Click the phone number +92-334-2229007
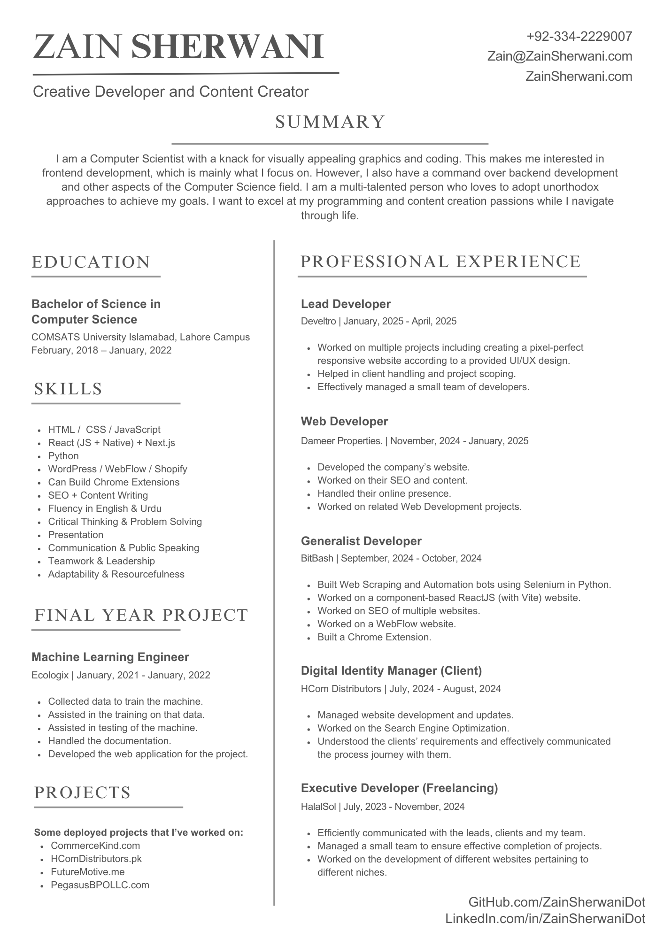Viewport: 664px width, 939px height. pyautogui.click(x=579, y=36)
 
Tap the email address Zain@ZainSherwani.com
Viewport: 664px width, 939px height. pyautogui.click(x=560, y=56)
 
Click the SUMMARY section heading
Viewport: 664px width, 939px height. pyautogui.click(x=330, y=122)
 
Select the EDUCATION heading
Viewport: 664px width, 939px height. pyautogui.click(x=91, y=262)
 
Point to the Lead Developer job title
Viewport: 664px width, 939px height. pyautogui.click(x=346, y=304)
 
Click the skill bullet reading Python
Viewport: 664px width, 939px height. pyautogui.click(x=63, y=456)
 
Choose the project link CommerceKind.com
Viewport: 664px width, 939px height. pyautogui.click(x=95, y=846)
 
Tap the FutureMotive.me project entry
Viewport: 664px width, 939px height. pyautogui.click(x=88, y=872)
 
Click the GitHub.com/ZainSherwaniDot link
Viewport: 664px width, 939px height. pyautogui.click(x=557, y=902)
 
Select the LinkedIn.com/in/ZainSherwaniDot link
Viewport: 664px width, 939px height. pyautogui.click(x=545, y=919)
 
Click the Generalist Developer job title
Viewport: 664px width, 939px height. pyautogui.click(x=361, y=541)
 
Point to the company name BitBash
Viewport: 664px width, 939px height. pyautogui.click(x=317, y=558)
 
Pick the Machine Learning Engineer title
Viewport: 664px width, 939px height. pyautogui.click(x=110, y=657)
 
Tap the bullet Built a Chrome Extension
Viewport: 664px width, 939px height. pyautogui.click(x=374, y=637)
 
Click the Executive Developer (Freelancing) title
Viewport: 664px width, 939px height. pyautogui.click(x=399, y=788)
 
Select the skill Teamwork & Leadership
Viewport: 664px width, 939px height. pyautogui.click(x=101, y=561)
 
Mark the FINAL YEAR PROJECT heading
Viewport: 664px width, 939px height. pyautogui.click(x=141, y=615)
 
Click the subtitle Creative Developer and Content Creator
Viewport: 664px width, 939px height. pyautogui.click(x=171, y=92)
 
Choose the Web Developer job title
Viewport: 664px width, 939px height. pyautogui.click(x=344, y=421)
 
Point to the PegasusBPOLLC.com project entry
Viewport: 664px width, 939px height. pyautogui.click(x=100, y=885)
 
